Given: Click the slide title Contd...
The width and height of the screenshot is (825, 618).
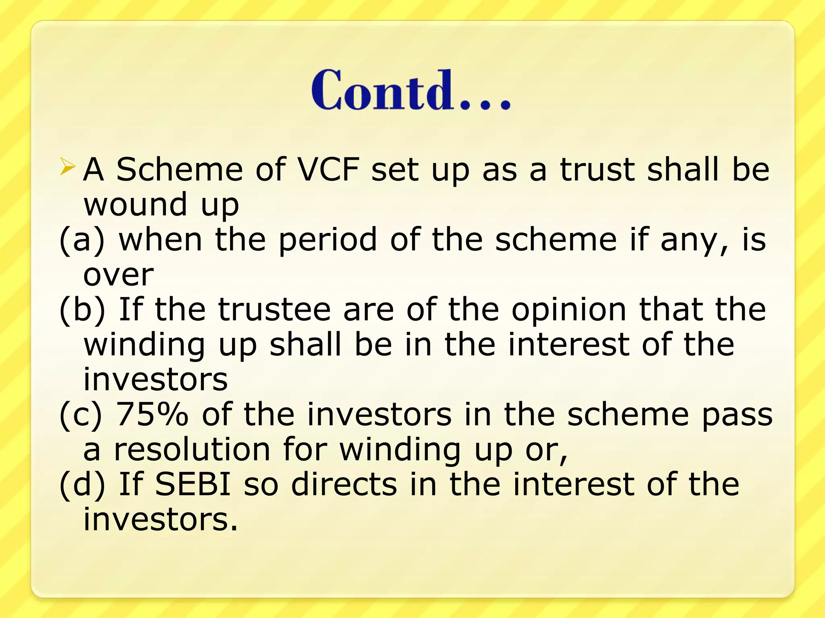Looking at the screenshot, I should pos(411,90).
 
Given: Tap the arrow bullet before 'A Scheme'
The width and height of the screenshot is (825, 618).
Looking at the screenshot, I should pos(67,167).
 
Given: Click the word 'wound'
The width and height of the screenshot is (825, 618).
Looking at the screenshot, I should pos(135,204).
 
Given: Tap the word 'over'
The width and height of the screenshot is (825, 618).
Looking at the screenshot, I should pos(118,275).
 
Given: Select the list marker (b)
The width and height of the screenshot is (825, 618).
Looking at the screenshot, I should pos(82,310).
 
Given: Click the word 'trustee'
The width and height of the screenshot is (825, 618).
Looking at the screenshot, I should pos(274,310).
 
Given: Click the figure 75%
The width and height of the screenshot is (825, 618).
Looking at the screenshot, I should pos(152,414).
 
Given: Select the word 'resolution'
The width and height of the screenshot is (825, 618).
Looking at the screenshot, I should pos(192,449).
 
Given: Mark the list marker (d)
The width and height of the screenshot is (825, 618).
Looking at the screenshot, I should pos(82,484).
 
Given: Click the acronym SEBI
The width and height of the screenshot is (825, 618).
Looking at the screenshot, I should pos(193,484).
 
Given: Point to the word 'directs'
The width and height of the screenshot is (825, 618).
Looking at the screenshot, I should pos(344,484).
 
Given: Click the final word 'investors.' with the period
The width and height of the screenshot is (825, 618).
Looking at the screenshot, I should pos(160,519).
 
